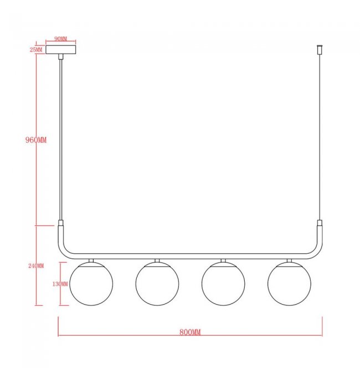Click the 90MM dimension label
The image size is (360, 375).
(61, 39)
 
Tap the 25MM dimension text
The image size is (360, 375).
(36, 50)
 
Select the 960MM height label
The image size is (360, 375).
(36, 140)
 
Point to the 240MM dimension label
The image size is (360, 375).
(36, 266)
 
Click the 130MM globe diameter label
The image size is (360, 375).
(60, 284)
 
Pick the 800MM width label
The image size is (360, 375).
(190, 332)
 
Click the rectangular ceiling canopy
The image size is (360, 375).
(61, 50)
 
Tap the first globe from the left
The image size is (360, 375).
(91, 284)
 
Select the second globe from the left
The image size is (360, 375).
(157, 284)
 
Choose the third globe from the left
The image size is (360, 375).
(223, 284)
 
